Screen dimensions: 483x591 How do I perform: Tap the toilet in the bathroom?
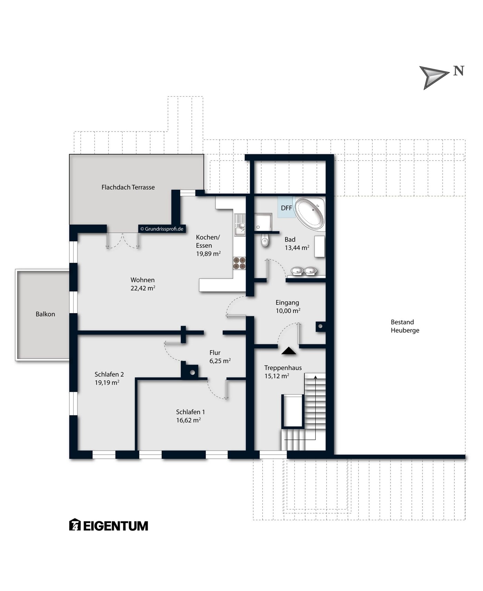265,240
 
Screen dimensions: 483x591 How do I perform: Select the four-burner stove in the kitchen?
239,263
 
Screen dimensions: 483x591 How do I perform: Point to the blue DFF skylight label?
286,208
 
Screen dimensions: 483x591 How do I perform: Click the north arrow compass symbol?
434,77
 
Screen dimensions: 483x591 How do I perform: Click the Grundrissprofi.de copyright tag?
162,229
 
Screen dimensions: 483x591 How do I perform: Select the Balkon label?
45,314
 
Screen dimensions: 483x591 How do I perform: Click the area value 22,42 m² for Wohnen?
143,288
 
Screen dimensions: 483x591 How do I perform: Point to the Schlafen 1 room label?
190,412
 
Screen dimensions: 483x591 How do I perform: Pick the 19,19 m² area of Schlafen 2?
107,382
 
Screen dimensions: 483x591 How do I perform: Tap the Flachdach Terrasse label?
128,187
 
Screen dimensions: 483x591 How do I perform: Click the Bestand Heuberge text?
405,326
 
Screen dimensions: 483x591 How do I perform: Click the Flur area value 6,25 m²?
220,361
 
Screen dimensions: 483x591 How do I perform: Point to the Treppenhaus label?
283,368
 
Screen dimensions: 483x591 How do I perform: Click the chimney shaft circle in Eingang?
320,326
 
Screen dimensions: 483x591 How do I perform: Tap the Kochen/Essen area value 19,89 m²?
208,254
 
